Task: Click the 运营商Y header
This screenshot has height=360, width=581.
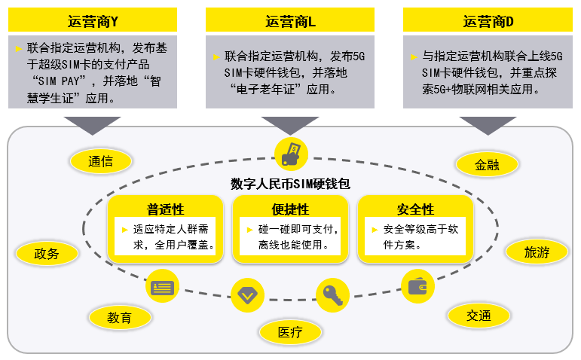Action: click(93, 20)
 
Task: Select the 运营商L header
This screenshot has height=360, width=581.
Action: click(289, 20)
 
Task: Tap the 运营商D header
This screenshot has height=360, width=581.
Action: click(488, 20)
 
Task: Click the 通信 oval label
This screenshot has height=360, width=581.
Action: click(100, 160)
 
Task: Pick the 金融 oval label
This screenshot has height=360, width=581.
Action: click(487, 164)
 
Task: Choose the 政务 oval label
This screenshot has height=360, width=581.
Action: click(46, 253)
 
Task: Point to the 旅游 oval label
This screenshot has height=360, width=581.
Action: click(536, 252)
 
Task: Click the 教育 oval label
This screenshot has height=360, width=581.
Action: click(119, 317)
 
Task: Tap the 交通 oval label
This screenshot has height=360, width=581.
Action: click(479, 315)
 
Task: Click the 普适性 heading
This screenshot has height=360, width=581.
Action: click(165, 209)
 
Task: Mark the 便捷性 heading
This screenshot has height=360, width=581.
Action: click(290, 209)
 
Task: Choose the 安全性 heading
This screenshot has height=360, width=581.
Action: click(415, 209)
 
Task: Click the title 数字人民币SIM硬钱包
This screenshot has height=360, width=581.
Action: click(290, 184)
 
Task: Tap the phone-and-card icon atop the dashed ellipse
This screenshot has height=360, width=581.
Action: click(291, 152)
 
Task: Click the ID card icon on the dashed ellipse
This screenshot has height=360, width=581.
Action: click(162, 287)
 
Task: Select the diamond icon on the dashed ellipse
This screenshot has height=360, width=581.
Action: click(246, 294)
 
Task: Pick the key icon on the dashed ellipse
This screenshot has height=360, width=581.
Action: click(332, 294)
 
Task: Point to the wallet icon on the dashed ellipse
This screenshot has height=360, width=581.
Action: click(417, 286)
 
